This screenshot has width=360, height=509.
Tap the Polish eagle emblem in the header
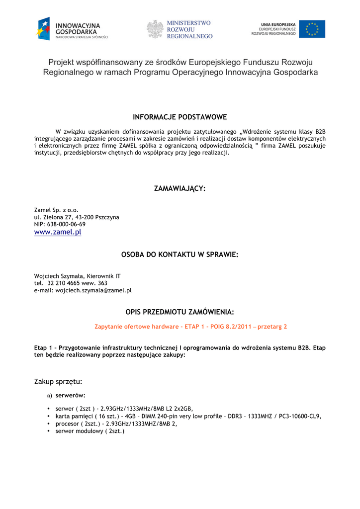[155, 29]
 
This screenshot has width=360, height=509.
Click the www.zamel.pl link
[57, 232]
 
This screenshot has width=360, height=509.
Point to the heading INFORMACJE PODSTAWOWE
[180, 117]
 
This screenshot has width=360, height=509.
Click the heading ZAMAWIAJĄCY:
[180, 189]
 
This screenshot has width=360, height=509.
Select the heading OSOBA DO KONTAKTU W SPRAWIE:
[180, 254]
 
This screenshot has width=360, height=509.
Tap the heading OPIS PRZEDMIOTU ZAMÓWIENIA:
[180, 312]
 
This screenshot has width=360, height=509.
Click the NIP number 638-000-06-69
[66, 224]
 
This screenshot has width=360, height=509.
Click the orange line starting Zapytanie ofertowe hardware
[190, 327]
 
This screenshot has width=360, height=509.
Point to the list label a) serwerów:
[66, 396]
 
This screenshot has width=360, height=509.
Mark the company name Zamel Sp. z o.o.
[56, 210]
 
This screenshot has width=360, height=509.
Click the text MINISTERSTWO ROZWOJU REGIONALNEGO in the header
[189, 29]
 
